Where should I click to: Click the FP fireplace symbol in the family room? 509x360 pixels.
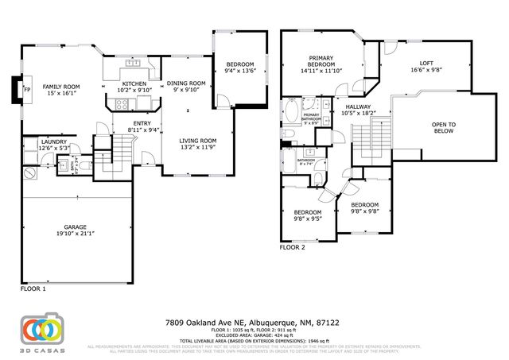(x=16, y=89)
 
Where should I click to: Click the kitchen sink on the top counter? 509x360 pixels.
(x=135, y=62)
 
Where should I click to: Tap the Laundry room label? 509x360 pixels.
(x=54, y=143)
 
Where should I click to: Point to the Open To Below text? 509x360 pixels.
(x=443, y=127)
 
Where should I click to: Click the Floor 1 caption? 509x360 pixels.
(x=33, y=289)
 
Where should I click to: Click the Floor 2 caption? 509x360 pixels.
(x=292, y=247)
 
